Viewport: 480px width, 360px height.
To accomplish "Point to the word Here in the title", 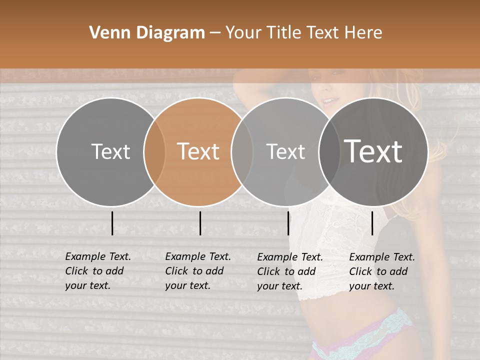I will pyautogui.click(x=364, y=33).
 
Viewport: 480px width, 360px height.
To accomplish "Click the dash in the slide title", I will pyautogui.click(x=214, y=33).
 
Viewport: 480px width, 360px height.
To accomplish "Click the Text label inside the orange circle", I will pyautogui.click(x=198, y=151).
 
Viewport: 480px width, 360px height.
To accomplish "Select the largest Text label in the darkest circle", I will pyautogui.click(x=373, y=151).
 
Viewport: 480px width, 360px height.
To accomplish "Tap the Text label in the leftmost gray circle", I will pyautogui.click(x=110, y=151).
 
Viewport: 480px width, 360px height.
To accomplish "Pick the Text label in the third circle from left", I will pyautogui.click(x=286, y=151).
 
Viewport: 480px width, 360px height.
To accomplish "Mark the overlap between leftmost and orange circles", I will pyautogui.click(x=154, y=151).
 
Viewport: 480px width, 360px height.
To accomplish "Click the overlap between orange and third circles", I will pyautogui.click(x=242, y=151).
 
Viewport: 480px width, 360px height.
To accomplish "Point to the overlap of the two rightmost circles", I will pyautogui.click(x=329, y=151).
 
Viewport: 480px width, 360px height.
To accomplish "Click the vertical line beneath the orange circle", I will pyautogui.click(x=200, y=223).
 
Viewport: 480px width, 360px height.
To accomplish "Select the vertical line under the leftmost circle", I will pyautogui.click(x=112, y=223).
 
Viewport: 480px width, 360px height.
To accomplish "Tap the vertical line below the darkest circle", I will pyautogui.click(x=372, y=223).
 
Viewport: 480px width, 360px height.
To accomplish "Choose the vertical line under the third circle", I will pyautogui.click(x=288, y=223).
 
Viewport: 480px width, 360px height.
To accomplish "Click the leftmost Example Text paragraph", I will pyautogui.click(x=98, y=271).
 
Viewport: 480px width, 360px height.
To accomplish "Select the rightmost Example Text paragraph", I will pyautogui.click(x=382, y=271).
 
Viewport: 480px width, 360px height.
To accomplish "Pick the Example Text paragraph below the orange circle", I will pyautogui.click(x=198, y=271).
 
